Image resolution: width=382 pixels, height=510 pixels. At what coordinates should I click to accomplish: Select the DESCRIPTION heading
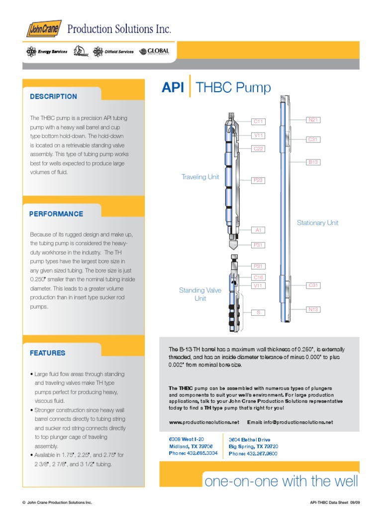pyautogui.click(x=53, y=97)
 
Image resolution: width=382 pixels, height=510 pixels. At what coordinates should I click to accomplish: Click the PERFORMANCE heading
pyautogui.click(x=56, y=214)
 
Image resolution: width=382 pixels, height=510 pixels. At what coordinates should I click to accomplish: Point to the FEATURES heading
pyautogui.click(x=47, y=353)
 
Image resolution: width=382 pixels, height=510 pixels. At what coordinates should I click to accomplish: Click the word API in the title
pyautogui.click(x=173, y=88)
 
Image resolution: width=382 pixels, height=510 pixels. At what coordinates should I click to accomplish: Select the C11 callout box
pyautogui.click(x=258, y=121)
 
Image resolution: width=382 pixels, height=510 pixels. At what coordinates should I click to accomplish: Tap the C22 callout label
pyautogui.click(x=258, y=148)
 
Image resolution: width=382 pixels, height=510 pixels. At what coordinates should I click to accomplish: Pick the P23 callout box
pyautogui.click(x=258, y=180)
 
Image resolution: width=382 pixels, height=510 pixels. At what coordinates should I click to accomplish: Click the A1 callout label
pyautogui.click(x=258, y=230)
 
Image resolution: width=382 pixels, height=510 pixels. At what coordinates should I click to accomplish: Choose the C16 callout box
pyautogui.click(x=258, y=277)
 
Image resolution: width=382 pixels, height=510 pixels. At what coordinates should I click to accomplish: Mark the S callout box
pyautogui.click(x=258, y=312)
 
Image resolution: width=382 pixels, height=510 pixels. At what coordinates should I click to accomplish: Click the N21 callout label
pyautogui.click(x=312, y=120)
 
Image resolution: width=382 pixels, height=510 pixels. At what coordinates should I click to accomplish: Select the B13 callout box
pyautogui.click(x=312, y=162)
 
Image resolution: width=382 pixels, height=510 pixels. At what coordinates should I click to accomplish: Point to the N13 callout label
pyautogui.click(x=312, y=309)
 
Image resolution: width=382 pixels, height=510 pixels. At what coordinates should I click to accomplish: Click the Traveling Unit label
pyautogui.click(x=200, y=177)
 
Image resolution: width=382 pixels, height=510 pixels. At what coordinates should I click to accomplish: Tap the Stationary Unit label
pyautogui.click(x=317, y=223)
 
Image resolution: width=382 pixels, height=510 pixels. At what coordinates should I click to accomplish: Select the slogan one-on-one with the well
pyautogui.click(x=281, y=482)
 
